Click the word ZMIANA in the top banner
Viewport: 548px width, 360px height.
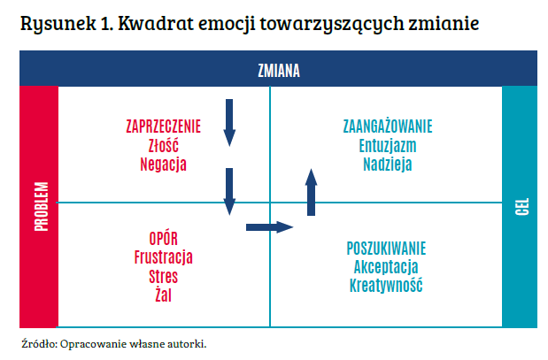(x=279, y=71)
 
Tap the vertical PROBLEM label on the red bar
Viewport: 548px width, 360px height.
(x=42, y=206)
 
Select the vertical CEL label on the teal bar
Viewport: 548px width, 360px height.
(x=522, y=206)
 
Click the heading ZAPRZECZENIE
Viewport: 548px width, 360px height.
(x=163, y=126)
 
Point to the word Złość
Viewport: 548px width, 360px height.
(x=163, y=145)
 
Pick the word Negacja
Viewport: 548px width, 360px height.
(x=163, y=165)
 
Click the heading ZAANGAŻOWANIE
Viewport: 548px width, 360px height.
(x=388, y=126)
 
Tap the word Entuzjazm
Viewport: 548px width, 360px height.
(x=388, y=146)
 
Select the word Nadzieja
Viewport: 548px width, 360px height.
(x=388, y=165)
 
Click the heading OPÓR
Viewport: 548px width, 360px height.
(x=163, y=239)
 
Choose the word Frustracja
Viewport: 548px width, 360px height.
(x=163, y=257)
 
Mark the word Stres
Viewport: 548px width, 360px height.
(x=163, y=277)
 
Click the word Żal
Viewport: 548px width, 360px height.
(x=163, y=295)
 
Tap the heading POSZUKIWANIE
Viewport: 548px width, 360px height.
(x=386, y=249)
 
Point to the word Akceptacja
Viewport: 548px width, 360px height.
(x=386, y=267)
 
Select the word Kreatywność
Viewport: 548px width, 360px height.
(x=386, y=286)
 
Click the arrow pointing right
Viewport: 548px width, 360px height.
(x=269, y=227)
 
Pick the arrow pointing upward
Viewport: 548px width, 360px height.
(x=311, y=192)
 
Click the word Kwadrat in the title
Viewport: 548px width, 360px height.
(x=156, y=24)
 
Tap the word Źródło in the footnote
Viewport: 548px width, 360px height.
(x=39, y=343)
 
